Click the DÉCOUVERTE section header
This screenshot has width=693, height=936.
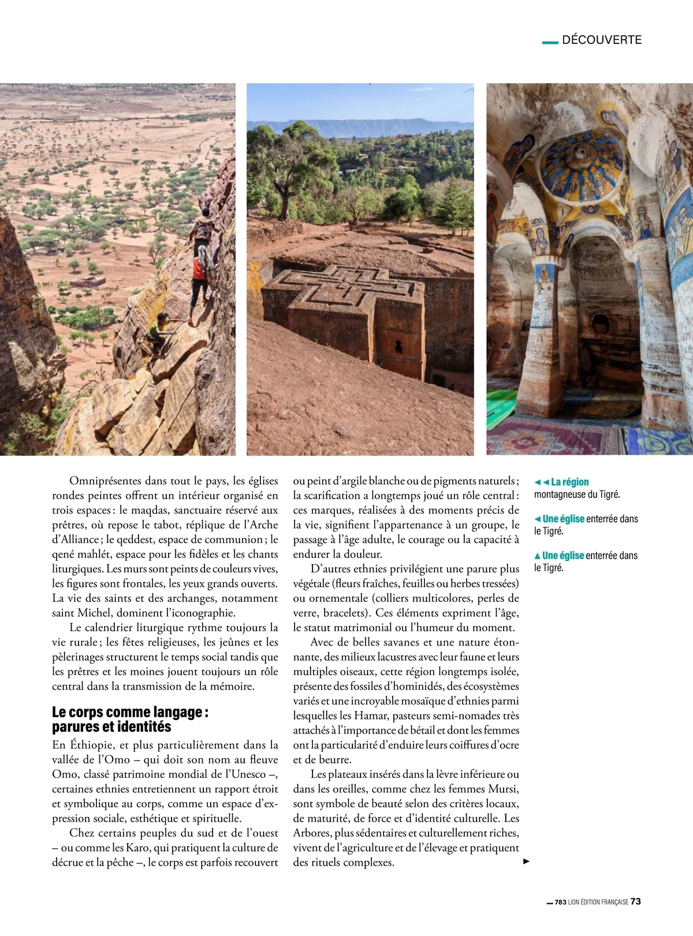601,40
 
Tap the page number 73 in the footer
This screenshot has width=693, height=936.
635,901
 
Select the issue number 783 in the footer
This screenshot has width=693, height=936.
560,903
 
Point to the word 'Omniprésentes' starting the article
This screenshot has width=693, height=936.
106,481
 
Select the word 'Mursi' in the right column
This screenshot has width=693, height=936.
502,789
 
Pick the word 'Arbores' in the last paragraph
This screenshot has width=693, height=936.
312,833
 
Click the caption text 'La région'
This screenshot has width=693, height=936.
569,482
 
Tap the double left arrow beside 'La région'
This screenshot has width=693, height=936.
541,482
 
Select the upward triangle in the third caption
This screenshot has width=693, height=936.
538,556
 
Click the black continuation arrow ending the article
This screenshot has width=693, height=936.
526,862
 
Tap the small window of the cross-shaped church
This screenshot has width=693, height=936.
398,347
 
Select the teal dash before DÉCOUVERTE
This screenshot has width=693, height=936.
550,42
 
